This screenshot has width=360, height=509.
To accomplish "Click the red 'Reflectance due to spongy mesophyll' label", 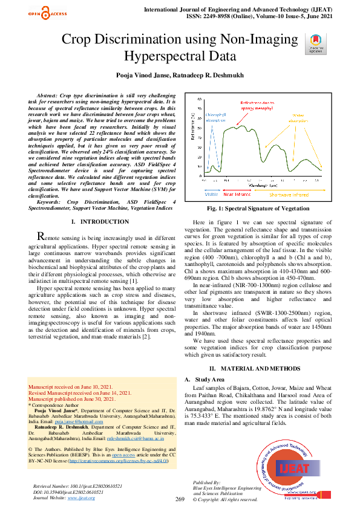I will click(260, 107).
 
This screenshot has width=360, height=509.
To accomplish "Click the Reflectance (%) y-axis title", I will click(192, 129).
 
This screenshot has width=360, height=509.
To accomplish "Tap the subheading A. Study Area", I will click(204, 379).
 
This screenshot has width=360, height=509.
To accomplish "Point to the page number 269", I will click(180, 499).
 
